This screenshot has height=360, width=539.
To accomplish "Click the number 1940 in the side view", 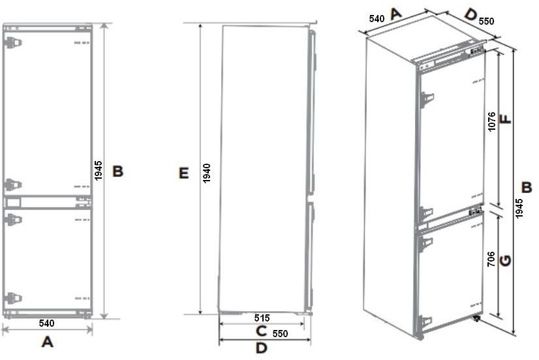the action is (x=206, y=173).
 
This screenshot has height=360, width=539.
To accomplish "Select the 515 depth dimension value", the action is (x=262, y=318).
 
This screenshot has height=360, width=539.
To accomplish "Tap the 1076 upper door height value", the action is (x=491, y=121).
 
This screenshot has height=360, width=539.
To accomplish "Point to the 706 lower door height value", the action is (x=491, y=259).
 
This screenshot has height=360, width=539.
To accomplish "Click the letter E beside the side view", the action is (x=183, y=173).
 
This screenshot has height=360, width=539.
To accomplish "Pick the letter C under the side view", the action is (x=262, y=331).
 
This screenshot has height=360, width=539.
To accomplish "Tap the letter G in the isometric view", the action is (x=505, y=261).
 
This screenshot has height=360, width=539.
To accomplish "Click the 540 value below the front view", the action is (x=46, y=323).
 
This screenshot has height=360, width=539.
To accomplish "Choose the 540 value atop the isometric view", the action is (x=377, y=18).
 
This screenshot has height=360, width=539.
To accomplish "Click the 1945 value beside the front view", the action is (x=99, y=170).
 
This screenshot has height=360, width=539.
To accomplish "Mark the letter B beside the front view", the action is (x=118, y=171).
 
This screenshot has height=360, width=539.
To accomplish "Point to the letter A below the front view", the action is (x=48, y=342).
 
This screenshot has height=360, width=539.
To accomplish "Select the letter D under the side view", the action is (x=262, y=348).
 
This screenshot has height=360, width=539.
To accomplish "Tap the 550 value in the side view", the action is (x=280, y=333).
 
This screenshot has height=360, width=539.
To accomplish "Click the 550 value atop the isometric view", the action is (x=486, y=21).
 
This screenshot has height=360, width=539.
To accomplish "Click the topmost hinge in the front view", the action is (x=13, y=42).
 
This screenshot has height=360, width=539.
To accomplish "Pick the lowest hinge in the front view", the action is (x=13, y=298).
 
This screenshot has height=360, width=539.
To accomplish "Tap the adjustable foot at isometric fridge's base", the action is (x=476, y=318).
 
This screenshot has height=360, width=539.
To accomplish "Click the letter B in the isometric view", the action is (x=527, y=188).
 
